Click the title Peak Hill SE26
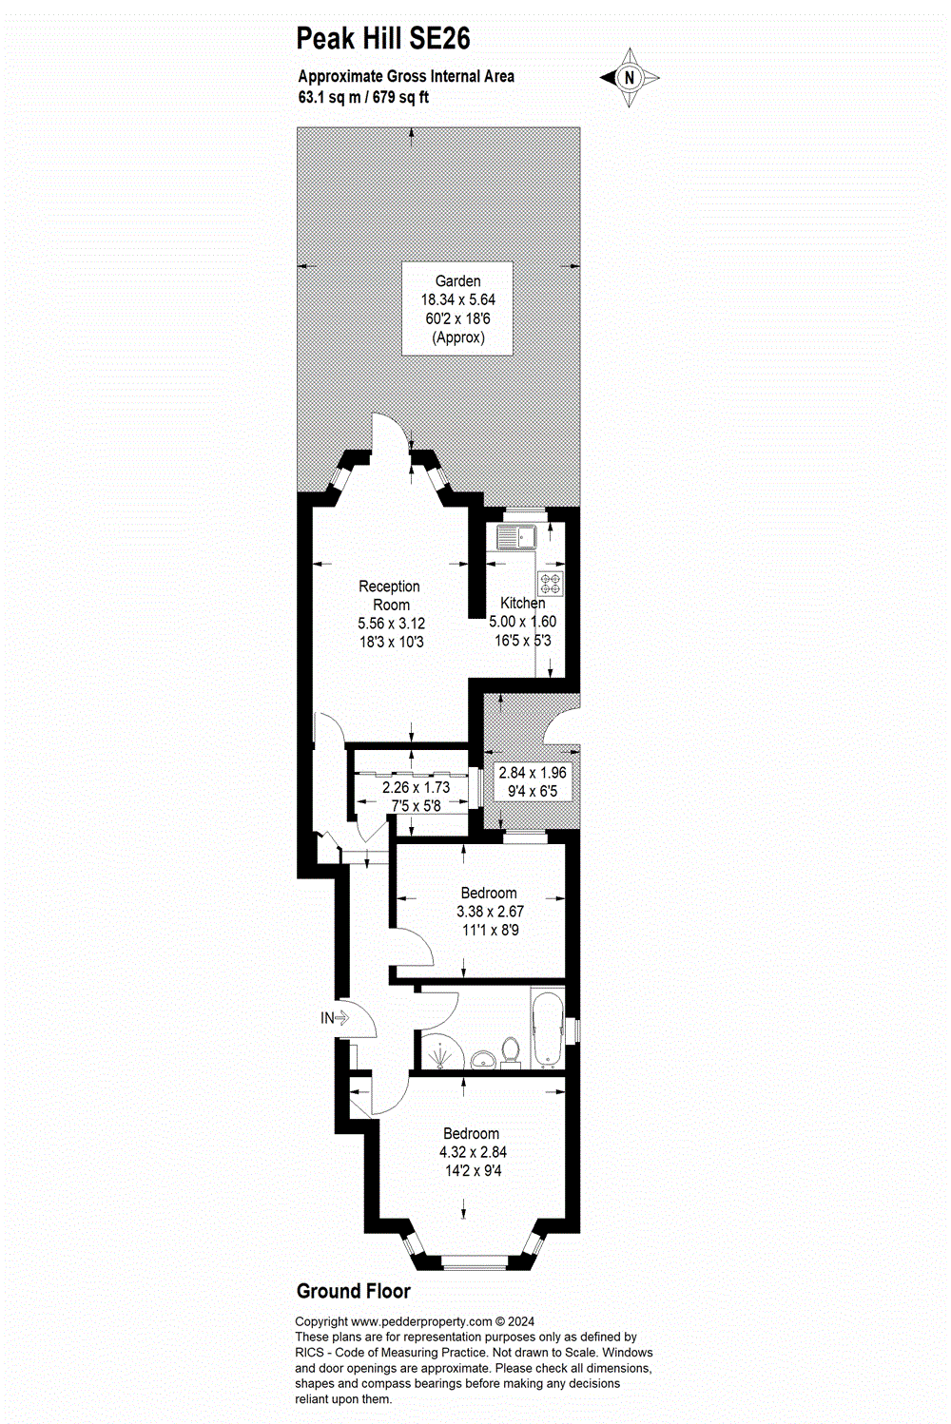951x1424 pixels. coord(383,39)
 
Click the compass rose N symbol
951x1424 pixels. coord(629,78)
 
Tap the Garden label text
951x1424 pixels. coord(457,281)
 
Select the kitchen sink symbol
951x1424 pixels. coord(515,537)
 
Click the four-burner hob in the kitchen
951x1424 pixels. coord(550,583)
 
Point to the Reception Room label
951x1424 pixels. coord(390,595)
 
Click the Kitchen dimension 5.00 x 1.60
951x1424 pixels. coord(522,622)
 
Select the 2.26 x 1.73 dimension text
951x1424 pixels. coord(416,787)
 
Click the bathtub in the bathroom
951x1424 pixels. coord(548,1030)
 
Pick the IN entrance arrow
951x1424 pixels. coord(335,1018)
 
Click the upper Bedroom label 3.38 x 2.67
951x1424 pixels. coord(489,911)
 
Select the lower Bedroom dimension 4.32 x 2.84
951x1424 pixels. coord(473,1152)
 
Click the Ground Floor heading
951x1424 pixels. coord(353,1291)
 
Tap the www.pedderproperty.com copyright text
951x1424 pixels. coord(414,1321)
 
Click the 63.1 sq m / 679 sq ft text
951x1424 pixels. coord(363,97)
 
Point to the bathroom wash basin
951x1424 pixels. coord(482,1059)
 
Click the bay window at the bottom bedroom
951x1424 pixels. coord(475,1262)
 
